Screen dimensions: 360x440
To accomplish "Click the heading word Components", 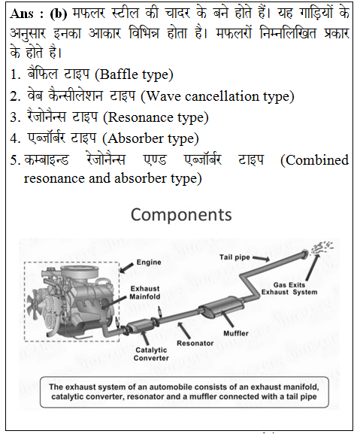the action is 181,216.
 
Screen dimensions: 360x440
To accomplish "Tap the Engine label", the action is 149,262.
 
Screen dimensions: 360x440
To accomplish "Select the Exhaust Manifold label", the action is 144,293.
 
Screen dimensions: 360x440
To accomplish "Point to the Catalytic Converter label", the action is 151,354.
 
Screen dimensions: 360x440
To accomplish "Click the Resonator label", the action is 195,343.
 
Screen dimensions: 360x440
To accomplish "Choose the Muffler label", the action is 236,333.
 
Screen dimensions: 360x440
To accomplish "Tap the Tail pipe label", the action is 234,257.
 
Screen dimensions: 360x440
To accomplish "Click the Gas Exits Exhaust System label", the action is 289,289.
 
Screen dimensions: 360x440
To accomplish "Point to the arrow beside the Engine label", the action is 127,268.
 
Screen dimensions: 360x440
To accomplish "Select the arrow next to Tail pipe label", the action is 262,259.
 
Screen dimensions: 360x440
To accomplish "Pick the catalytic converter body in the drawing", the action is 138,326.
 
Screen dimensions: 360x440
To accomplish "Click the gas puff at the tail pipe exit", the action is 322,247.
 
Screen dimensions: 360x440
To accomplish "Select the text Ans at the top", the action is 22,14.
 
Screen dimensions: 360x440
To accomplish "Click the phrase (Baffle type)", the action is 135,75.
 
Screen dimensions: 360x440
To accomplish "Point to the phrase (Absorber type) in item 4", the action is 150,138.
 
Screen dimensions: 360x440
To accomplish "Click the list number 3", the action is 14,117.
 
